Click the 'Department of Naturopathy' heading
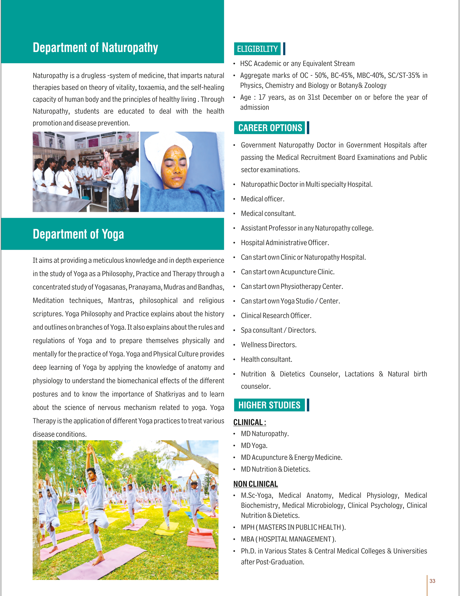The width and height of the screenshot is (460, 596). (x=95, y=48)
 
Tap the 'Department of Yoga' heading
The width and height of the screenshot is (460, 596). (x=78, y=234)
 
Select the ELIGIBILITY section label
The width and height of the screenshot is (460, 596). (x=257, y=49)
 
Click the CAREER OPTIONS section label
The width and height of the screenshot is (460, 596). (x=270, y=128)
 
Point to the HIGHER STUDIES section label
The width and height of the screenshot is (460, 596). (x=269, y=405)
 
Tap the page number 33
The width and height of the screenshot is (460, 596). (x=432, y=581)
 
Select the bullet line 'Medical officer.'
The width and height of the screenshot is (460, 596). (x=262, y=199)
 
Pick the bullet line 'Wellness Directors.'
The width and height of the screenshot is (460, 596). (x=268, y=345)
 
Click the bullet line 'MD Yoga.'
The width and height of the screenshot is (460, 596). (x=254, y=446)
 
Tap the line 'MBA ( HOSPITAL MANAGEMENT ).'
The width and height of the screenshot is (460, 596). (x=288, y=539)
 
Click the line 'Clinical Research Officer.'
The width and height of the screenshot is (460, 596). (x=276, y=316)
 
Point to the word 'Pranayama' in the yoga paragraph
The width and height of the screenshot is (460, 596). (x=146, y=287)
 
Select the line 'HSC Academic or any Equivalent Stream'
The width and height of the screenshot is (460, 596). (x=297, y=64)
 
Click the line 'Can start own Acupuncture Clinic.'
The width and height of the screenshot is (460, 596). (x=288, y=272)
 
